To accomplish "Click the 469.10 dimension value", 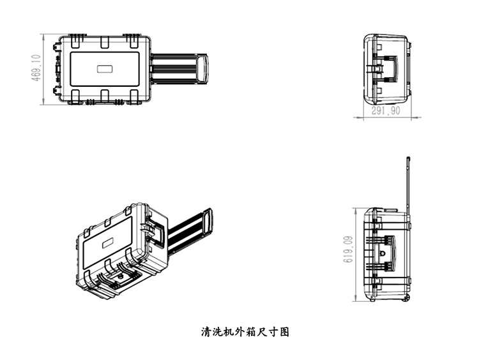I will pos(36,68).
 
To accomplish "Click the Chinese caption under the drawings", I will pos(245,332).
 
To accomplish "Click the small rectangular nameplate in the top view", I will pos(104,69).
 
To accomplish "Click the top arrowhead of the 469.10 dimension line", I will pos(43,35).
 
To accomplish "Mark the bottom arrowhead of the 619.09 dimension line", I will pos(356,299).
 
